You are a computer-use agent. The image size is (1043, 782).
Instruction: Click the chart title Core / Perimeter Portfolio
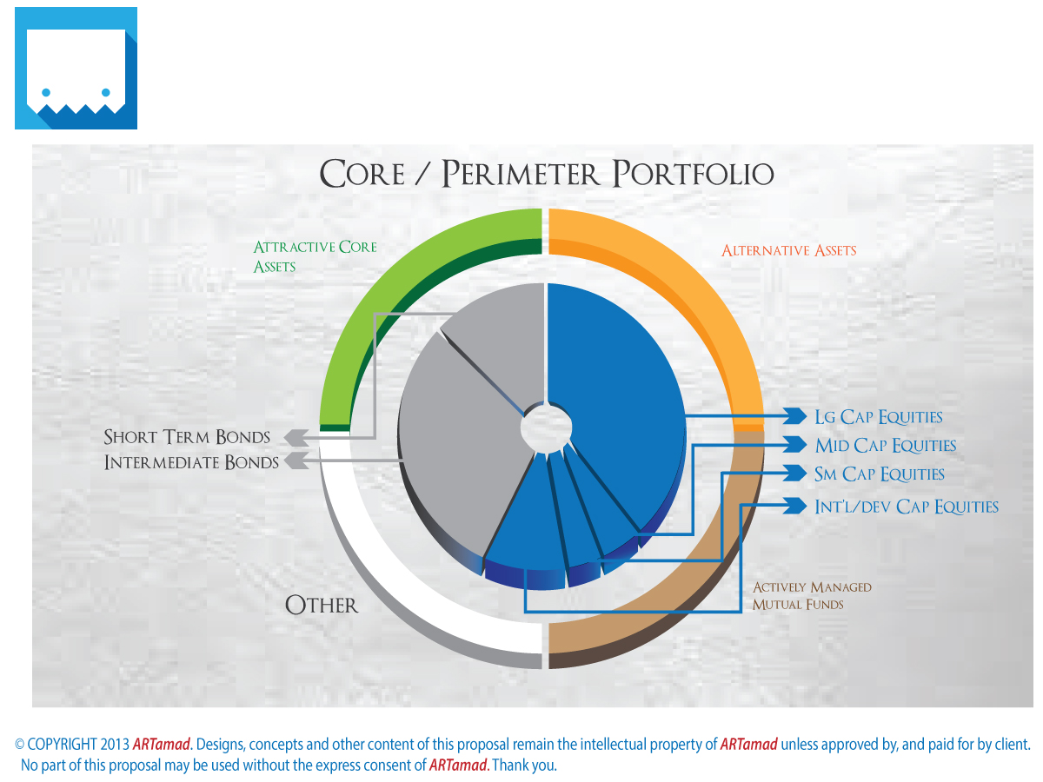point(547,174)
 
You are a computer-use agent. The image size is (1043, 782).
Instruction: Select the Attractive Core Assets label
point(315,256)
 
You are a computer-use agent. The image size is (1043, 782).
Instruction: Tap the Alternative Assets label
point(788,251)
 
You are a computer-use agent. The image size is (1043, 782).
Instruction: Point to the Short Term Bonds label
point(187,437)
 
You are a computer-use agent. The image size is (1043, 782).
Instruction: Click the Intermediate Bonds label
point(191,462)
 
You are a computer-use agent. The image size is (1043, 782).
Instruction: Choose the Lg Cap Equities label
point(878,417)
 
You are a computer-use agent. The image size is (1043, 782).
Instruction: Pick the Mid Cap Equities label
point(885,446)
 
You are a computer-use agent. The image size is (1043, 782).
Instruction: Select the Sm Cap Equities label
point(879,474)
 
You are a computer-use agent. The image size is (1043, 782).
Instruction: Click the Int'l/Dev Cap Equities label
point(906,507)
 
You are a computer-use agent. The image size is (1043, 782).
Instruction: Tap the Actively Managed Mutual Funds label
point(811,595)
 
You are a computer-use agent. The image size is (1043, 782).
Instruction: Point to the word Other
point(322,605)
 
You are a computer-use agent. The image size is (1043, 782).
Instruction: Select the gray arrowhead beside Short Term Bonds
point(295,437)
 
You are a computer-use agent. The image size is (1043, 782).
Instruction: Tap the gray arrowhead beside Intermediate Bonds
point(296,461)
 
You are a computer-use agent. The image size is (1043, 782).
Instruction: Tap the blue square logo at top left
point(76,68)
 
